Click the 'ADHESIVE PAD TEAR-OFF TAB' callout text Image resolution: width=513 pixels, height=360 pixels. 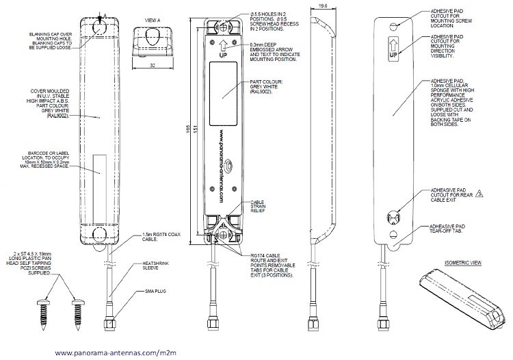click(x=453, y=228)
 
